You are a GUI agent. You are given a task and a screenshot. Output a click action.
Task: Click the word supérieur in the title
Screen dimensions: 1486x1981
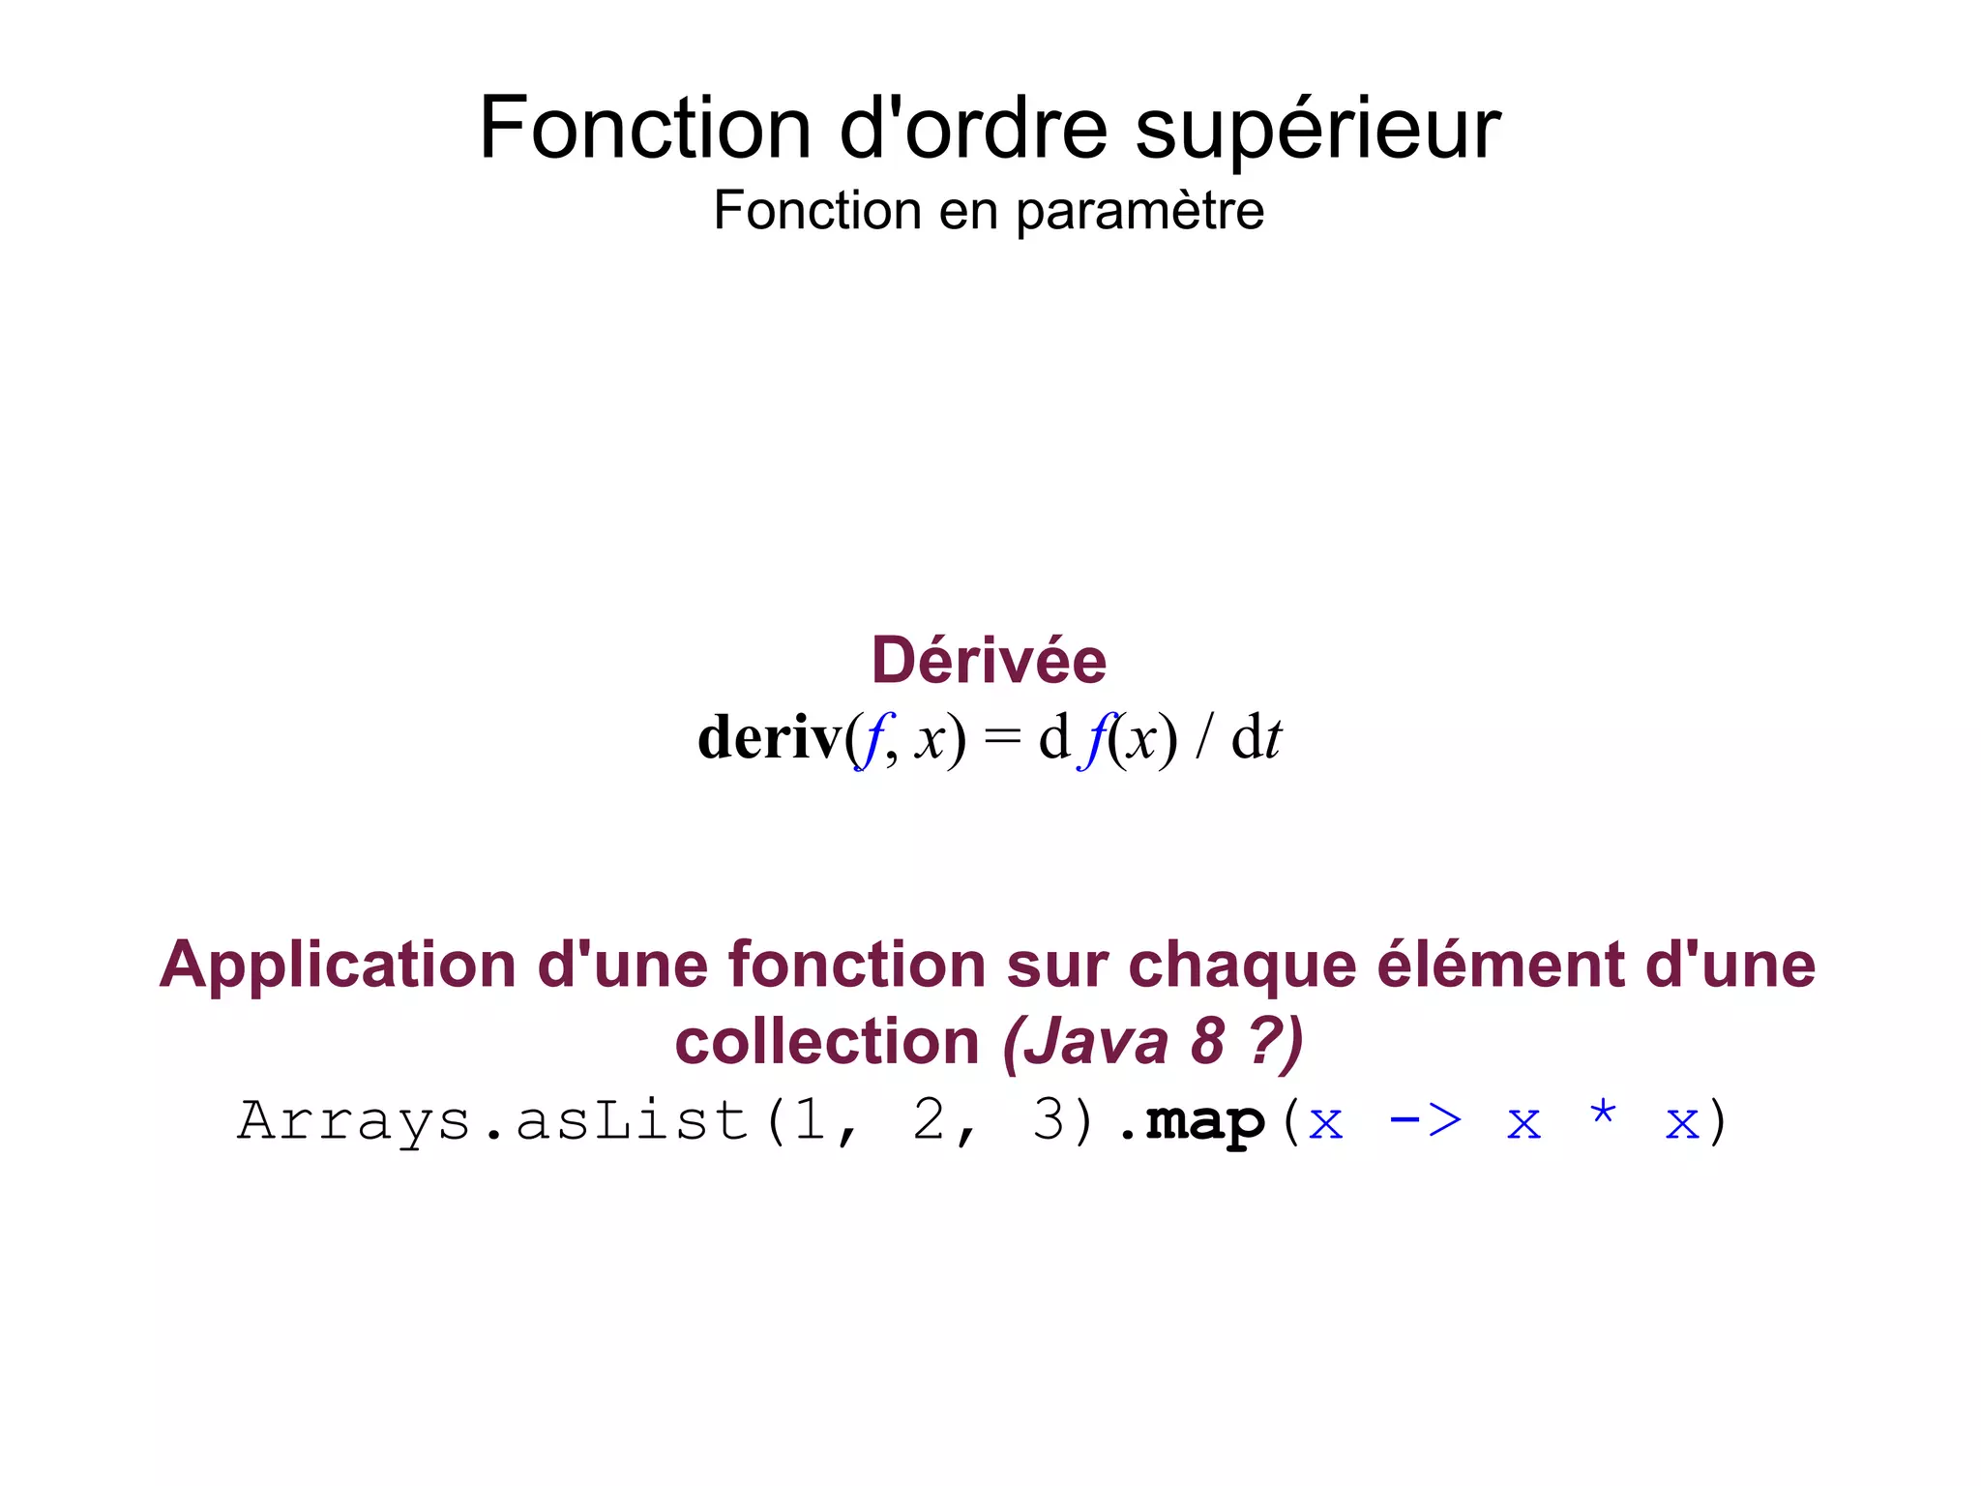pyautogui.click(x=1316, y=131)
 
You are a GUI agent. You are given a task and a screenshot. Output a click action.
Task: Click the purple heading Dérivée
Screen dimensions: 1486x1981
pyautogui.click(x=989, y=661)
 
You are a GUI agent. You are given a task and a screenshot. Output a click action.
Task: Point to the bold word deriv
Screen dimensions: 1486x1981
pyautogui.click(x=770, y=738)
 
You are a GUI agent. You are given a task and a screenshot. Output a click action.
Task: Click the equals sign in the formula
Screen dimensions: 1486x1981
pyautogui.click(x=1002, y=738)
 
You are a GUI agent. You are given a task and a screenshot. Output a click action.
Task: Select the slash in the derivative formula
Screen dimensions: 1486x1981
pyautogui.click(x=1203, y=738)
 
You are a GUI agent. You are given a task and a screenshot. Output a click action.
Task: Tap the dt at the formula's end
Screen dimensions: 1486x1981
pyautogui.click(x=1256, y=738)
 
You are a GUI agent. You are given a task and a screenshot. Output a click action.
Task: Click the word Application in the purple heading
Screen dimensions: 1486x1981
pyautogui.click(x=338, y=966)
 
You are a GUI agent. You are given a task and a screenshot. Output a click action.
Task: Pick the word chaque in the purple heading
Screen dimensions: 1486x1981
pyautogui.click(x=1242, y=966)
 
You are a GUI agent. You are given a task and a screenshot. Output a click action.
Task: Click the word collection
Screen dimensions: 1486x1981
pyautogui.click(x=827, y=1042)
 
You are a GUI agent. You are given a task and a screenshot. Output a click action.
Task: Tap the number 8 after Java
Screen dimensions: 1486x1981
pyautogui.click(x=1208, y=1042)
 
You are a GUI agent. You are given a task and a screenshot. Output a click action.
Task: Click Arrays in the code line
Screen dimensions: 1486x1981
pyautogui.click(x=354, y=1122)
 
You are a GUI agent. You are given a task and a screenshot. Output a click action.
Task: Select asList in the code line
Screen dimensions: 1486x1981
pyautogui.click(x=633, y=1122)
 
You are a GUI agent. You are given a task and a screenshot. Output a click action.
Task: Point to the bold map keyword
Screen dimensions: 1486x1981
pyautogui.click(x=1205, y=1122)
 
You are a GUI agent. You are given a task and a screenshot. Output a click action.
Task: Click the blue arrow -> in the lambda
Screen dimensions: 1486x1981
pyautogui.click(x=1424, y=1122)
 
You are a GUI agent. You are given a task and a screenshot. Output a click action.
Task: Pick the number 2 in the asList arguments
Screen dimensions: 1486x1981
pyautogui.click(x=929, y=1122)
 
